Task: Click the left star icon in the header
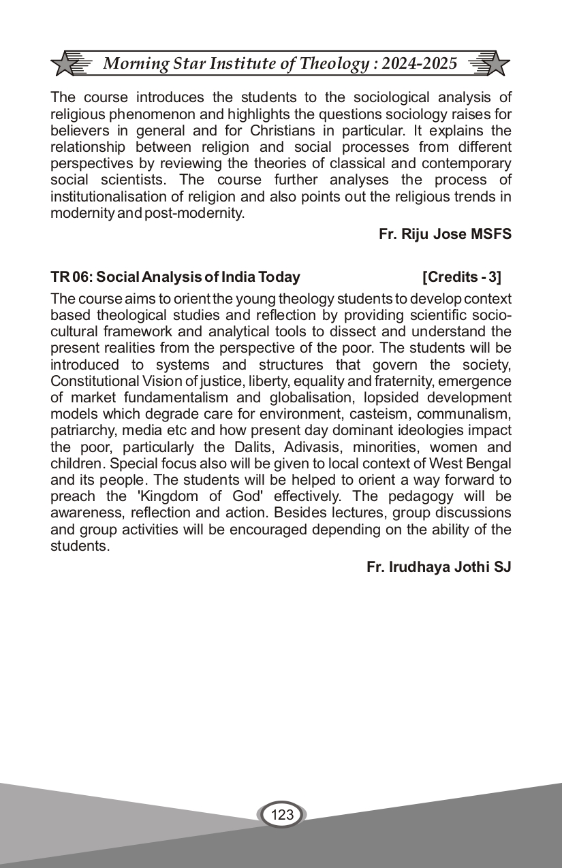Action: (x=66, y=65)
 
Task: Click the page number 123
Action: (x=281, y=814)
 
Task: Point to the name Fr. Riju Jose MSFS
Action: (x=445, y=234)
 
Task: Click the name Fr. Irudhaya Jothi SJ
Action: (x=439, y=567)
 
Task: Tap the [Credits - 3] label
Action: (x=462, y=277)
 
